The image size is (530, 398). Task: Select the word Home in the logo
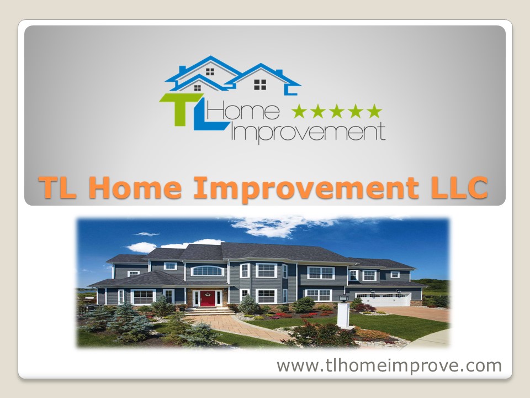click(x=253, y=113)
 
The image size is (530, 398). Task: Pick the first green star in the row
click(x=299, y=112)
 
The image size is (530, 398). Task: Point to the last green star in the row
click(x=374, y=112)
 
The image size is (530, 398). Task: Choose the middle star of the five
click(x=337, y=112)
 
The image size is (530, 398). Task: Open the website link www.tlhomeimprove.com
click(x=389, y=365)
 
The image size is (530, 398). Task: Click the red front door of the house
click(x=208, y=298)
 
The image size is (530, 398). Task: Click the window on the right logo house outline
click(x=260, y=84)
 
